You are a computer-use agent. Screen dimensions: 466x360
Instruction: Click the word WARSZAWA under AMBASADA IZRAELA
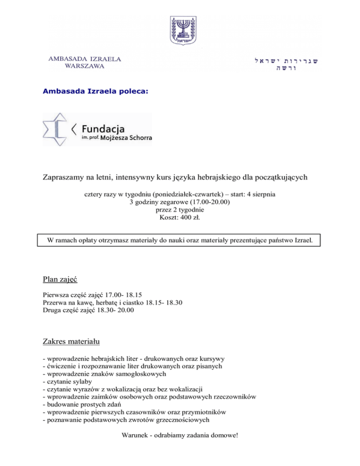pyautogui.click(x=85, y=66)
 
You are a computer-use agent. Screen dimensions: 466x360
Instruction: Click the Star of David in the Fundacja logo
pyautogui.click(x=56, y=129)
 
